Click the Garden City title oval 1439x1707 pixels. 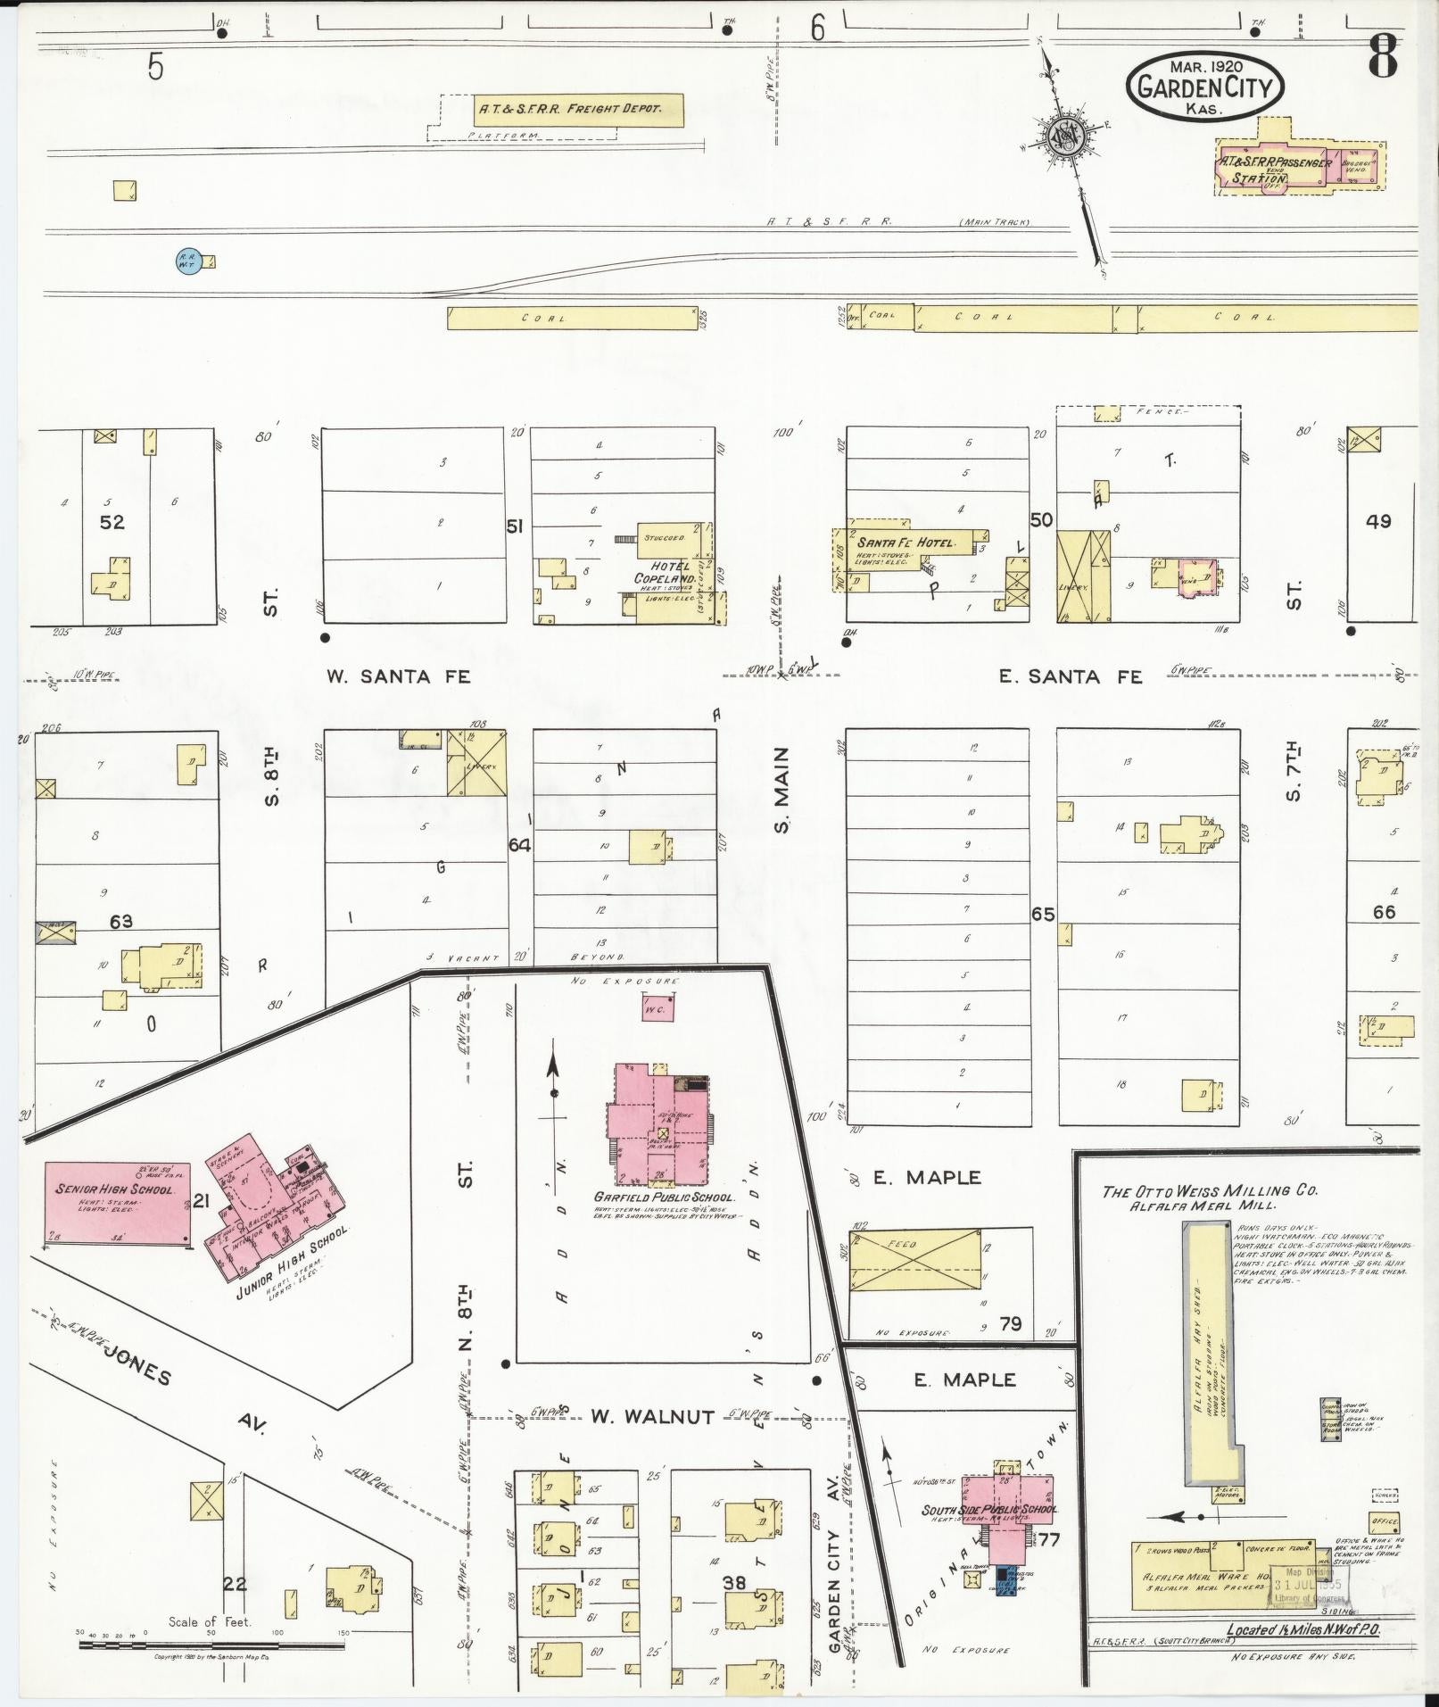(x=1205, y=86)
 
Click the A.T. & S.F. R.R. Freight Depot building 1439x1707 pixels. (x=578, y=109)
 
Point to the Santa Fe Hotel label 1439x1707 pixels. (x=905, y=543)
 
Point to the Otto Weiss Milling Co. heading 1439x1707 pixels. (x=1210, y=1191)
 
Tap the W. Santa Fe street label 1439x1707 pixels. (x=398, y=676)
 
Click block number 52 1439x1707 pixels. (x=112, y=522)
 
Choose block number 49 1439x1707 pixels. (x=1378, y=520)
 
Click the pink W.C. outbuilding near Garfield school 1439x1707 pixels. (x=657, y=1008)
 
